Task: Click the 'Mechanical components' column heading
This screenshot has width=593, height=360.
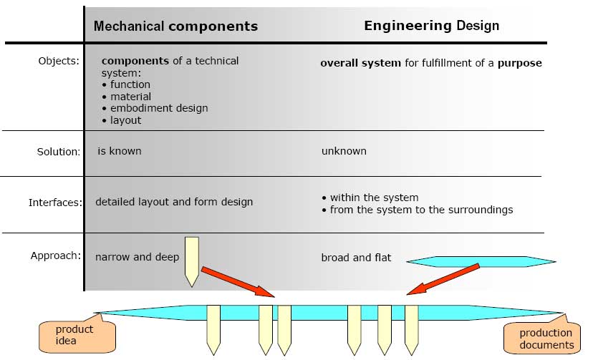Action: point(175,26)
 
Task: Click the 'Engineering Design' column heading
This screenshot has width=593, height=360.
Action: point(431,26)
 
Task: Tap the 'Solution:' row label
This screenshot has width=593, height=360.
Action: point(58,152)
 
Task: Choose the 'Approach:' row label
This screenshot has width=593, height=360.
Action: point(55,256)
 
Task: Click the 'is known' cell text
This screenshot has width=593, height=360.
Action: point(120,151)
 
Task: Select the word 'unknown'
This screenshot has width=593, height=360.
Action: point(344,151)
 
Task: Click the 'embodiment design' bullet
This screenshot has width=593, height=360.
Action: point(158,108)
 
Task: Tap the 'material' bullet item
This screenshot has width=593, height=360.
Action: point(130,96)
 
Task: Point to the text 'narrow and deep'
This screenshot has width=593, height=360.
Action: point(137,257)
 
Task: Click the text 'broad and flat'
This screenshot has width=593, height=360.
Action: point(356,258)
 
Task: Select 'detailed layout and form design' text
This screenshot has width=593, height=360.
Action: point(174,202)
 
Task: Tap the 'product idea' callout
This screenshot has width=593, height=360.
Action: point(74,334)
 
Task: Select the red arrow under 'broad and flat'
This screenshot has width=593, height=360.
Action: point(443,279)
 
